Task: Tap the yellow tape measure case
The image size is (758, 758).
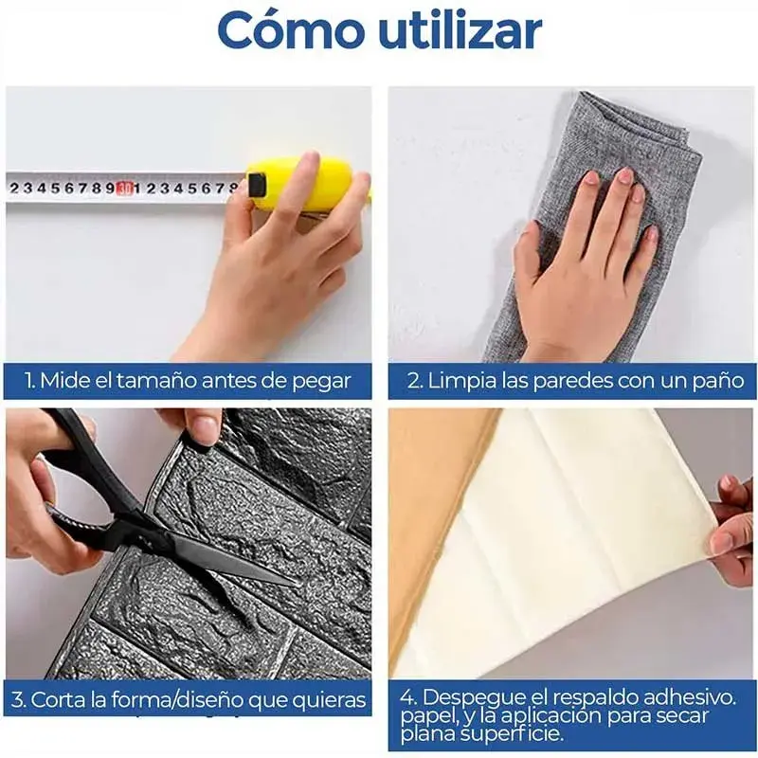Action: [x=310, y=185]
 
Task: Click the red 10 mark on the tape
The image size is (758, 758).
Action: [x=125, y=187]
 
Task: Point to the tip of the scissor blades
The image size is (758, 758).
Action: [x=294, y=584]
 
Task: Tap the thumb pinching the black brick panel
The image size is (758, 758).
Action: [x=203, y=427]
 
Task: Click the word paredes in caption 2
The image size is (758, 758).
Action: [x=565, y=382]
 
